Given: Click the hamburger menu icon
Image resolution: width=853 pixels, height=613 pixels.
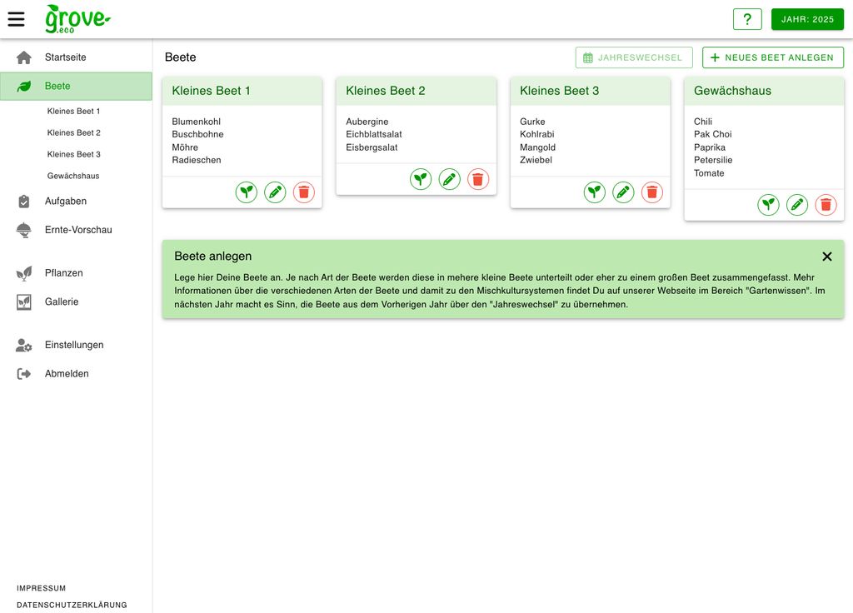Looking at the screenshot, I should [17, 18].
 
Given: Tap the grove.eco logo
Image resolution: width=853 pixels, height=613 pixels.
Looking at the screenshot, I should [77, 18].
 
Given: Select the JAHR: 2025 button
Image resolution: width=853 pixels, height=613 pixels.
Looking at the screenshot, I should [807, 19].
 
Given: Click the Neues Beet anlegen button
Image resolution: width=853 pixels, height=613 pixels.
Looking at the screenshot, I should [772, 57].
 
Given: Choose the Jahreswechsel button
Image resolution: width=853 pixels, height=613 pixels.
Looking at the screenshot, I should [633, 57].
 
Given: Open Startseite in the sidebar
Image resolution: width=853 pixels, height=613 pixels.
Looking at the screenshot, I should [65, 57].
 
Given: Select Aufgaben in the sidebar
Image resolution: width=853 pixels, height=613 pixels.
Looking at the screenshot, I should [65, 201].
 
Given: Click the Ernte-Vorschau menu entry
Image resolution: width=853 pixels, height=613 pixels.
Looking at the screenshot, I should [77, 230].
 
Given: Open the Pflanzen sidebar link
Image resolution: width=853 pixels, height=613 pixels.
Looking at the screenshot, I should [63, 273].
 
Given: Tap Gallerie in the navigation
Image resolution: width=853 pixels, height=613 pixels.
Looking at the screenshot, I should [61, 302].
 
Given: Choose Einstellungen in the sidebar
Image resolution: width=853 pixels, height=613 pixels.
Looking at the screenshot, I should [73, 345].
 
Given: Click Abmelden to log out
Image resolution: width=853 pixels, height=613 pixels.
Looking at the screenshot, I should [66, 374].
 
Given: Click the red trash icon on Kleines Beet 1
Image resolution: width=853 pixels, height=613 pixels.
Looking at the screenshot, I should [304, 192].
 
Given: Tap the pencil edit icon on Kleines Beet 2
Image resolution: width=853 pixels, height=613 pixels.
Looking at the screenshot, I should [450, 179].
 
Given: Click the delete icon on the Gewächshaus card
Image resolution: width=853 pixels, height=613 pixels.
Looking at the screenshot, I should [826, 205].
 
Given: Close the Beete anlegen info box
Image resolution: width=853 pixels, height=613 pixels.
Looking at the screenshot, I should [827, 257].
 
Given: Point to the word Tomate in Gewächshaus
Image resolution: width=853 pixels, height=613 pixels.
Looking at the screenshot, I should [709, 173].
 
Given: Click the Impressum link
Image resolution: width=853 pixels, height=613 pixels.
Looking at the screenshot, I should [41, 588].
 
